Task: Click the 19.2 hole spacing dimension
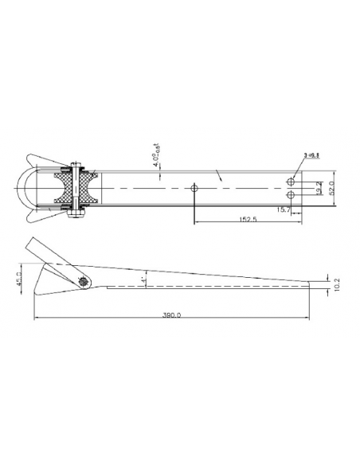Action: click(x=318, y=190)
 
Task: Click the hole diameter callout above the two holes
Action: click(x=311, y=156)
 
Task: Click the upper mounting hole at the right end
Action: click(x=292, y=182)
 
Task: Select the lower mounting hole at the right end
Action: click(x=292, y=195)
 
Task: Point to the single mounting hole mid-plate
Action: click(x=194, y=189)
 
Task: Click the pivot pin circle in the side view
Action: click(x=85, y=280)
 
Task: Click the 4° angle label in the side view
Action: click(x=144, y=280)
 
